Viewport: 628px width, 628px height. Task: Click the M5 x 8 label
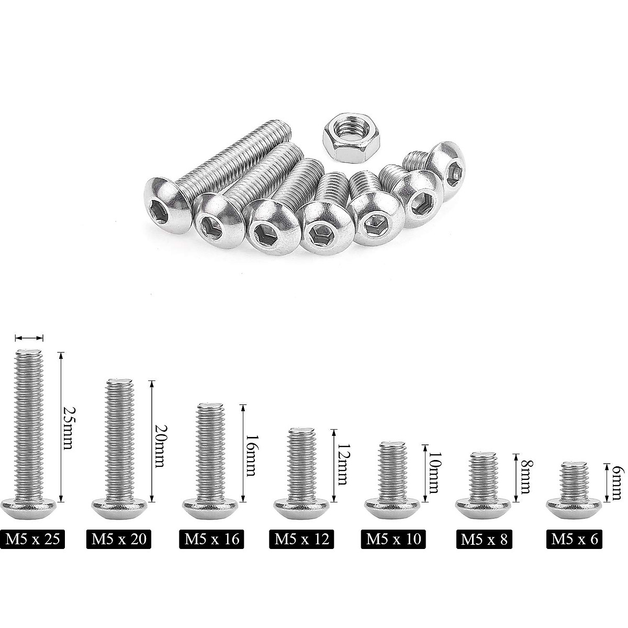(x=484, y=539)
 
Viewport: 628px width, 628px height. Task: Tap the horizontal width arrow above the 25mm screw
(x=29, y=338)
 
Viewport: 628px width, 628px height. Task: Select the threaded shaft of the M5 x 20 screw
(x=120, y=440)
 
